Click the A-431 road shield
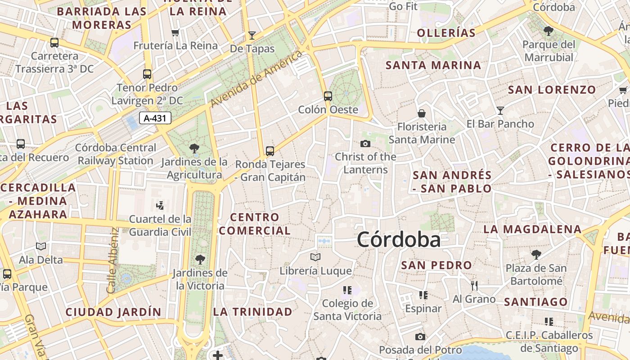155,118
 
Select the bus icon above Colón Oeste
328,96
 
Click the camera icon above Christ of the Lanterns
365,144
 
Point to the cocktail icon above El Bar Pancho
500,110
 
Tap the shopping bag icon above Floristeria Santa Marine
422,113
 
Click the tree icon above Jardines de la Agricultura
194,148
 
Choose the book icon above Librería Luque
315,257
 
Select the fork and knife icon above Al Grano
474,285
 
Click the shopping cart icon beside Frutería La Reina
175,32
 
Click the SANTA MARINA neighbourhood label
433,65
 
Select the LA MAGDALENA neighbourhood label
532,229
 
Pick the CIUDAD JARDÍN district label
113,312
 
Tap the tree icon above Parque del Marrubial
548,31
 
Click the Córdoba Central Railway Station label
116,154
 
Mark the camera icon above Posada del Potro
420,337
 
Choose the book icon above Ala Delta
41,246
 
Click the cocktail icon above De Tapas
252,35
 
